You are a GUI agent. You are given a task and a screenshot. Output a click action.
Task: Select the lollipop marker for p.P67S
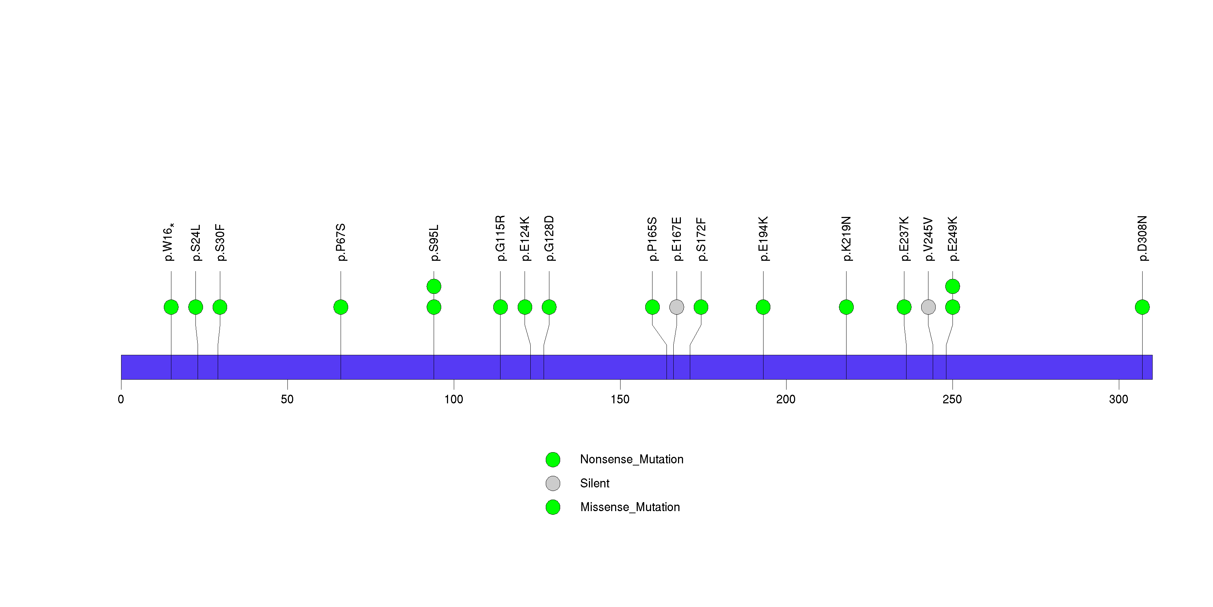[x=341, y=307]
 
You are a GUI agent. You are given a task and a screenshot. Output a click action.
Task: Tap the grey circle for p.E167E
[x=677, y=307]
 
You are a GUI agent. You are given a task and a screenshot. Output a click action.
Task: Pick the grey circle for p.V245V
[x=928, y=307]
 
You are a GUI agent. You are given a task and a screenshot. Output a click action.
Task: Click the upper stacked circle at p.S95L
[x=434, y=286]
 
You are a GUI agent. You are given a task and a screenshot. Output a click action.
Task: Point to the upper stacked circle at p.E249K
[x=953, y=286]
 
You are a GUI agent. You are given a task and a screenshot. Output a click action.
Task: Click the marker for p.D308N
[x=1142, y=307]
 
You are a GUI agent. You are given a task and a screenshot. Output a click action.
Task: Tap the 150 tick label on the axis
[x=620, y=399]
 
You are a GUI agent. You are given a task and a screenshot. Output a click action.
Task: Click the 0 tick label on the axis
[x=121, y=399]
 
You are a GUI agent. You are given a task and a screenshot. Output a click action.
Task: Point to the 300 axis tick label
[x=1119, y=399]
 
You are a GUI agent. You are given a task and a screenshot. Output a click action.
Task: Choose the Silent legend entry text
[x=595, y=483]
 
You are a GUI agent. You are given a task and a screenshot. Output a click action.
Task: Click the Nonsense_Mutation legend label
[x=631, y=459]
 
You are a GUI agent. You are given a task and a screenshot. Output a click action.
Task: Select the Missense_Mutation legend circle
[x=553, y=507]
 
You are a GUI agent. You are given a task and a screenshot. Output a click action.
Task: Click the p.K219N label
[x=846, y=238]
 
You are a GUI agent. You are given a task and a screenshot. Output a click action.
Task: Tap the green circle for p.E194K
[x=763, y=307]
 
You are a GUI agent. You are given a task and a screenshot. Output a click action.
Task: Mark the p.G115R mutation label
[x=500, y=238]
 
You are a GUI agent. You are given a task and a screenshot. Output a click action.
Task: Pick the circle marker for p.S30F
[x=220, y=307]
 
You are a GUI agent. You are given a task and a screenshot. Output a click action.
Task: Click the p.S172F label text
[x=701, y=239]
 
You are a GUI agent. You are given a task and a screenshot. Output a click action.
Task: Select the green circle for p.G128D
[x=549, y=307]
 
